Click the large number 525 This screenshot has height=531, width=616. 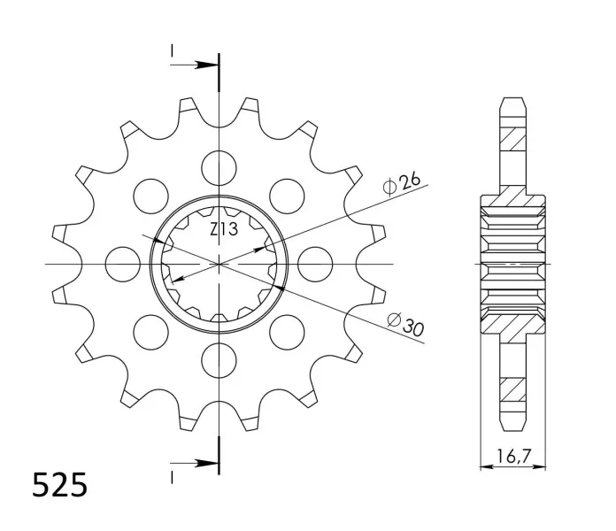(59, 485)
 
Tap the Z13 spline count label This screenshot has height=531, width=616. (224, 229)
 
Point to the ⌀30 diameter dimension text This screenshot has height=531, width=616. (406, 324)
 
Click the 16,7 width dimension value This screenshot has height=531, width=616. (513, 456)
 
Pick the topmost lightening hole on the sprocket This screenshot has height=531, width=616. (219, 167)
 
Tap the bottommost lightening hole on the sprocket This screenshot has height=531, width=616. (219, 360)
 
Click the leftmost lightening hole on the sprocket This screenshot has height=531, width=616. (123, 264)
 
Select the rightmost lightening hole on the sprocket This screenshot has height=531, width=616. (315, 264)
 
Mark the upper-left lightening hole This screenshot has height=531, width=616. (150, 196)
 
